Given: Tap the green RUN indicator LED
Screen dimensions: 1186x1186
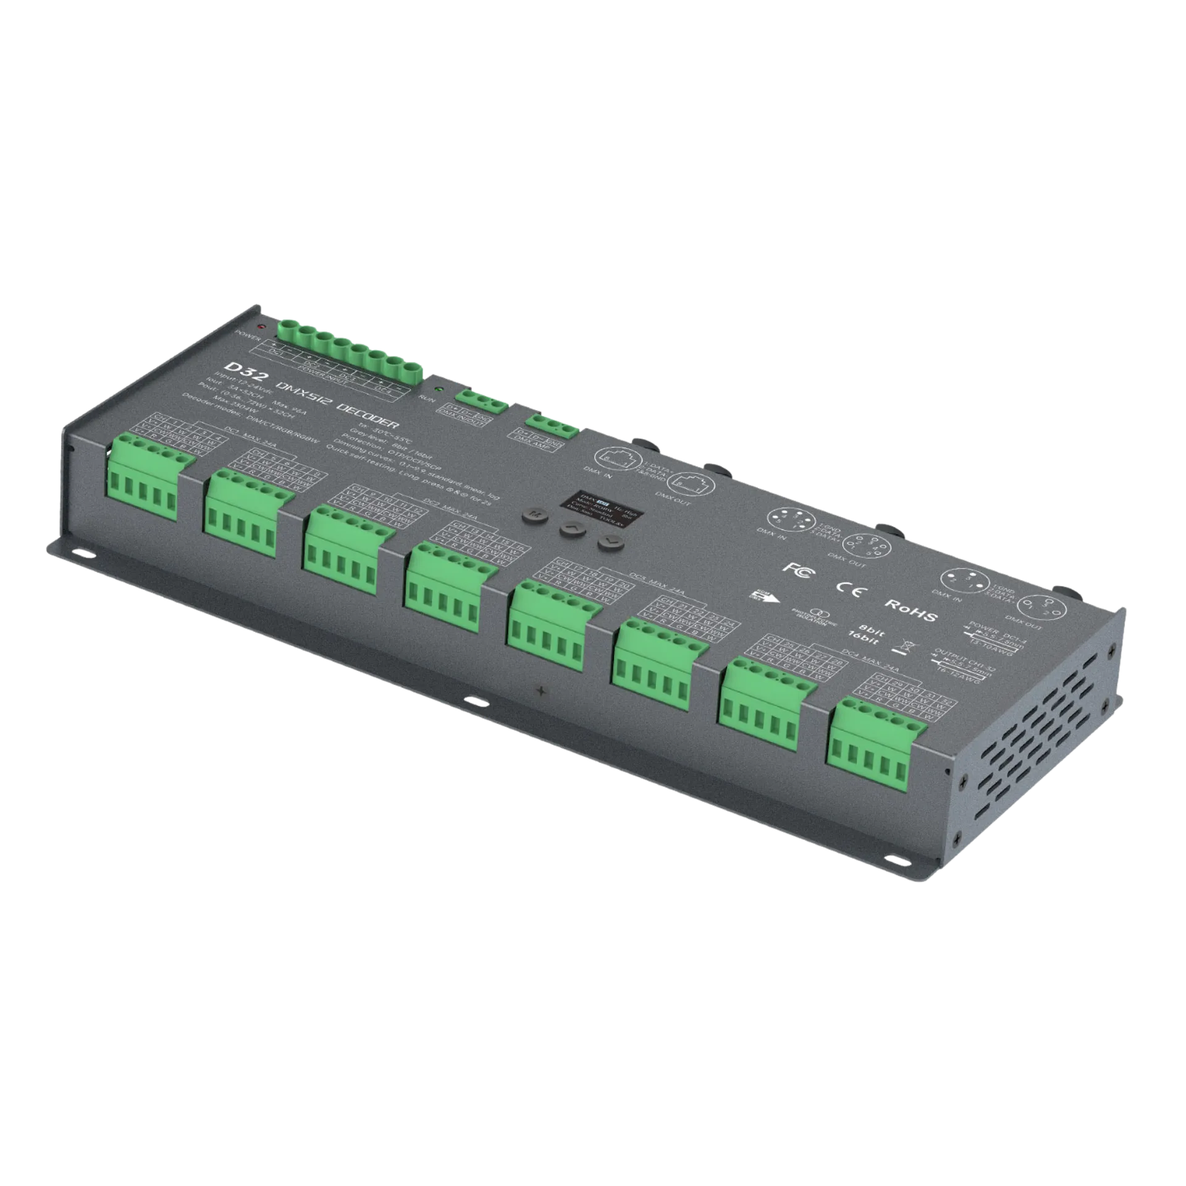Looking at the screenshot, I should [438, 390].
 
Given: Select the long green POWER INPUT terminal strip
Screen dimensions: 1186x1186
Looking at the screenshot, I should [350, 352].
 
